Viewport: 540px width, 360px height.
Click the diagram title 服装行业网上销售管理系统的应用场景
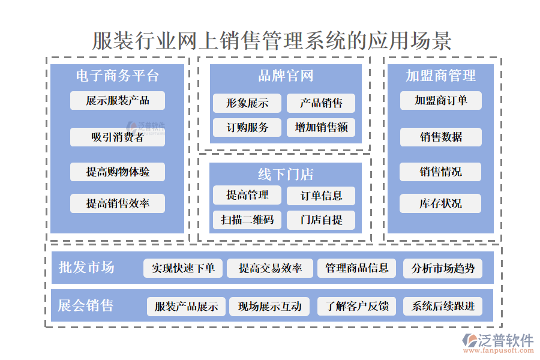pos(271,41)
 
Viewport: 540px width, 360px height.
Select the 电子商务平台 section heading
pos(117,76)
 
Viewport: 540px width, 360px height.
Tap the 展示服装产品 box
pos(118,100)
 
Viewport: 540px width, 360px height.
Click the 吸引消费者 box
pos(118,137)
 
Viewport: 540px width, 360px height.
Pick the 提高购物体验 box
pos(118,172)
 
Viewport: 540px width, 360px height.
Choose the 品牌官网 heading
pos(286,76)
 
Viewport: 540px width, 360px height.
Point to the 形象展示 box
pos(247,103)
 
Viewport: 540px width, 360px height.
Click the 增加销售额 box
pos(321,127)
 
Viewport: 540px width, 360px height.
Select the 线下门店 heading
pos(286,175)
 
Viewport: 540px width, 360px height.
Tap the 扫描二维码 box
pos(247,220)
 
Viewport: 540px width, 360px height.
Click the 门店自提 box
pos(321,220)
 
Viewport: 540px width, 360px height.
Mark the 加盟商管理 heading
pos(440,76)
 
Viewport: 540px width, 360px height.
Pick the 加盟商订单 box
pos(441,100)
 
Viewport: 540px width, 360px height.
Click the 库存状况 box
pos(441,203)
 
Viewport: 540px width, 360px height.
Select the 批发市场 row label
pos(86,268)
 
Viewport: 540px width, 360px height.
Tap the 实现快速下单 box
pos(183,268)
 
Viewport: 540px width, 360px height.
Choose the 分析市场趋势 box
pos(442,268)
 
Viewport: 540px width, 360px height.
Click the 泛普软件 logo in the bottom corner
pos(498,342)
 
